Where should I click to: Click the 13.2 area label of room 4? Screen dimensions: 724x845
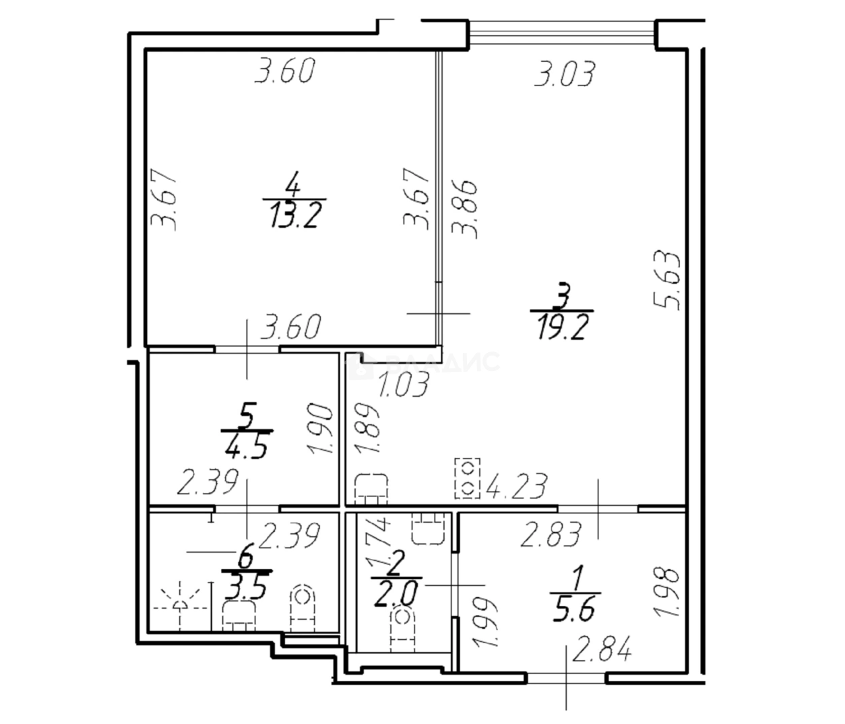tap(294, 217)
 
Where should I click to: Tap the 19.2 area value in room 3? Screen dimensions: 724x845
tap(563, 329)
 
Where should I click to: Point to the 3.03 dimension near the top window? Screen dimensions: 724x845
tap(565, 74)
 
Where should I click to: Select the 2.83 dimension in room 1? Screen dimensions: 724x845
tap(552, 535)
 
